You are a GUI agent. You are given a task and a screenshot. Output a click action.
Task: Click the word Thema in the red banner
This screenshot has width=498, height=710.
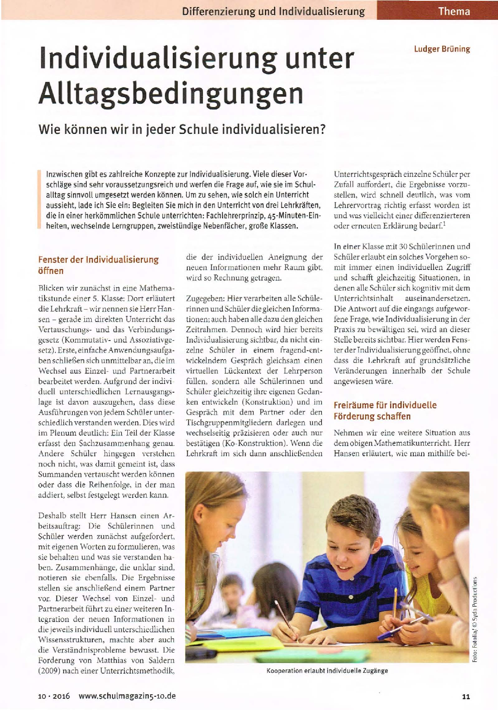(x=454, y=11)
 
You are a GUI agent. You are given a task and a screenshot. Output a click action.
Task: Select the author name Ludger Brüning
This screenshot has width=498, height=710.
(x=442, y=49)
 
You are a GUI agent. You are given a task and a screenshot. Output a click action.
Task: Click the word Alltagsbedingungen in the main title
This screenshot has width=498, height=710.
(x=171, y=94)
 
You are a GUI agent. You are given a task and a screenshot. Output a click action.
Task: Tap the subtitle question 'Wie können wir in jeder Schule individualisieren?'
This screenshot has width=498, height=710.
(x=182, y=130)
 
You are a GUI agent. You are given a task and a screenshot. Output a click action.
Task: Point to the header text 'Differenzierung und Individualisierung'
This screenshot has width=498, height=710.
(x=273, y=11)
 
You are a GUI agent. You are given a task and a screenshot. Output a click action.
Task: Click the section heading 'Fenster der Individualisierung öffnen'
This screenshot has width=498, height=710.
(x=98, y=265)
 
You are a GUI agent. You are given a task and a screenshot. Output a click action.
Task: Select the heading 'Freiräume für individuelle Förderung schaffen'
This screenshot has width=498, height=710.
(x=385, y=410)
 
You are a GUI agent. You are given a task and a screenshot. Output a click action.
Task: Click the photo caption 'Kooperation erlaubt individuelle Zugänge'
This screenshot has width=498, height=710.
(x=327, y=670)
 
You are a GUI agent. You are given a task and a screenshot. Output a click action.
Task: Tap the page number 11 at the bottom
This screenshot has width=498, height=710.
(x=466, y=696)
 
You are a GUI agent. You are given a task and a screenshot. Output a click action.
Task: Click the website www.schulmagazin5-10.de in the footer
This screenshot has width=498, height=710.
(x=127, y=696)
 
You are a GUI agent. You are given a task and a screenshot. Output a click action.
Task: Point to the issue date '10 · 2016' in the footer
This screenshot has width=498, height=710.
(x=54, y=696)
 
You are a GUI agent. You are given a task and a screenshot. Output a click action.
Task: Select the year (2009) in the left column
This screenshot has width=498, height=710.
(x=50, y=670)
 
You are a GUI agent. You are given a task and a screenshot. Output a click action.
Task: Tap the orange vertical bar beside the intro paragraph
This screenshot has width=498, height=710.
(x=39, y=200)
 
